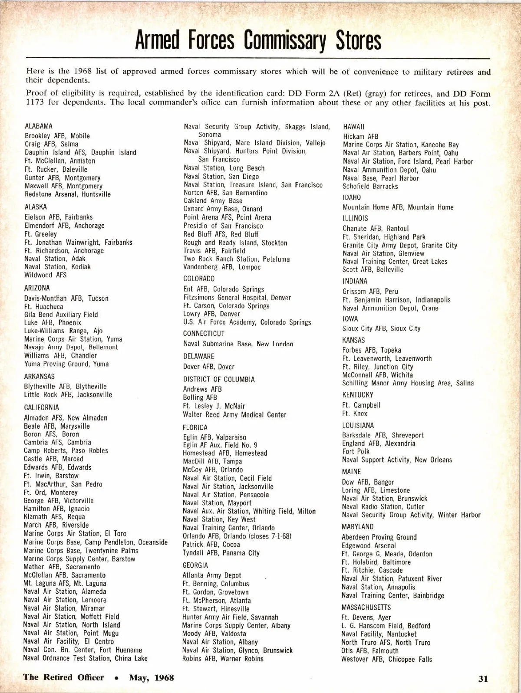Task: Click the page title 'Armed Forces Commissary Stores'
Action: coord(258,40)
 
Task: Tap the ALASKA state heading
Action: coord(36,207)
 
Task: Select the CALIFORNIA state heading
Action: coord(41,407)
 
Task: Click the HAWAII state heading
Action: coord(354,127)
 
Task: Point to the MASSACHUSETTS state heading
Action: coord(366,607)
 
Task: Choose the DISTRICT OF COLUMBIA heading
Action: coord(219,379)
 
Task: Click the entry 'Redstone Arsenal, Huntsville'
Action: coord(67,194)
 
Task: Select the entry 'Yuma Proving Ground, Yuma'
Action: coord(66,364)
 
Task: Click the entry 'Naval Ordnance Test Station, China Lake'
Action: coord(85,658)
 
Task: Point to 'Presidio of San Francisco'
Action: coord(223,226)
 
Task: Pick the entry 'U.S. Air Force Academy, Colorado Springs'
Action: coord(247,322)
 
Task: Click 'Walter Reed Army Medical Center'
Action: coord(234,415)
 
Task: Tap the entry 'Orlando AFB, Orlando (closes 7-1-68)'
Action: coord(237,536)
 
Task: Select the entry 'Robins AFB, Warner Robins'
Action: coord(223,659)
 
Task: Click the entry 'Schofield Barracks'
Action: coord(370,187)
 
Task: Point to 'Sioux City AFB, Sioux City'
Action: coord(381,328)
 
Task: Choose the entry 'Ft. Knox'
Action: coord(354,414)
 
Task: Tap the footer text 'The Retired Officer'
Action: coord(63,677)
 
